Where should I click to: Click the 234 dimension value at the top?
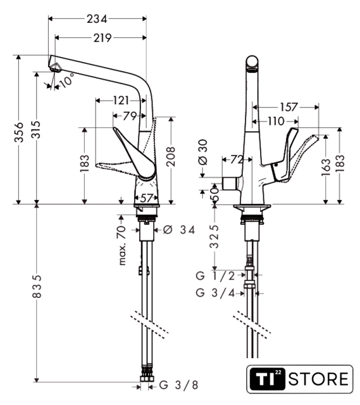97,19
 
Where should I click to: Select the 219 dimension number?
102,38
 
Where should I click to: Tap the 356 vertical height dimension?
19,132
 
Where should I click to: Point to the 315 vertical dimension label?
36,129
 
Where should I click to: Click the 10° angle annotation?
66,80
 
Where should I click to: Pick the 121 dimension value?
121,100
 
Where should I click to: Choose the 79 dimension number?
129,116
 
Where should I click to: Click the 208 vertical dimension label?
171,156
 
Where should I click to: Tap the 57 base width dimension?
146,198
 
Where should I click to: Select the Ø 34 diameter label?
178,229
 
